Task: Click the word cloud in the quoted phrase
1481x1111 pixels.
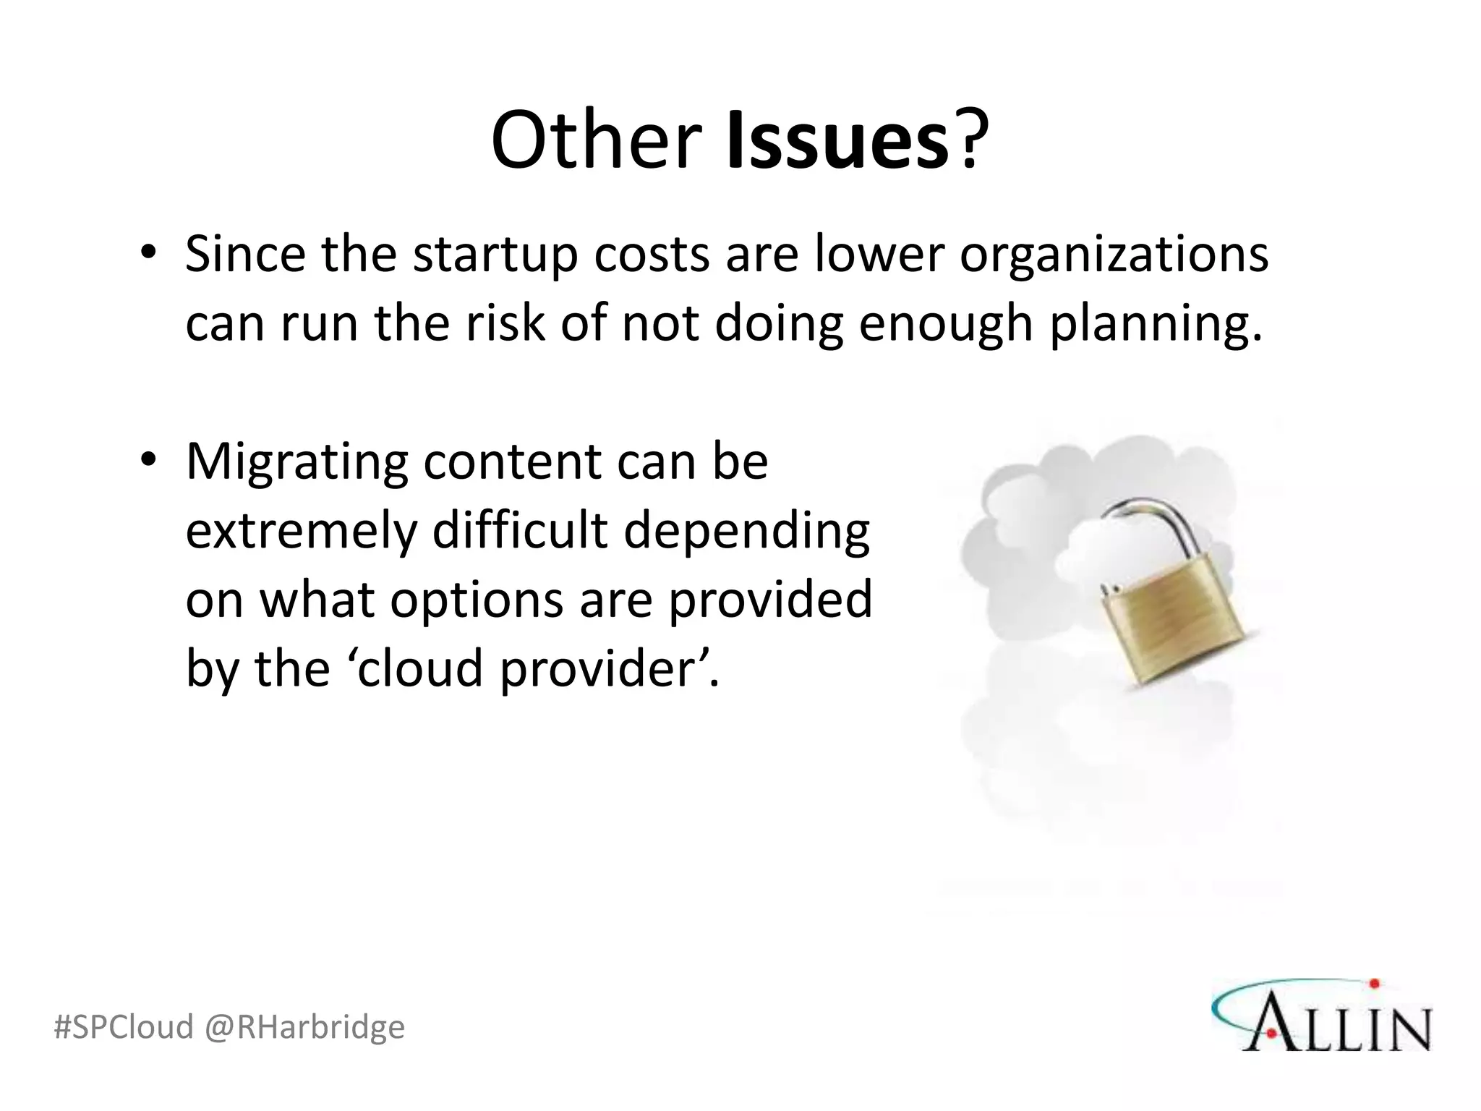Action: [419, 669]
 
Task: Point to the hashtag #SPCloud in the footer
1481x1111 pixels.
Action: [124, 1027]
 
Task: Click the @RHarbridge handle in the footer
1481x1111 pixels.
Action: [304, 1027]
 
